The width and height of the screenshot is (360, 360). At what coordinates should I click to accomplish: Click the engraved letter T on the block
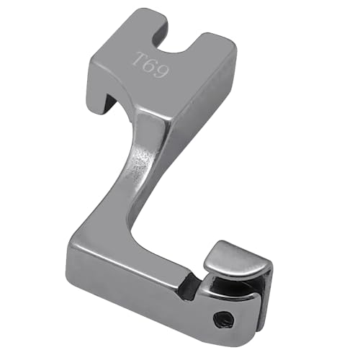[x=139, y=59]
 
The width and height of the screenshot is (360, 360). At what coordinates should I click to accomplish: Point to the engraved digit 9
[x=161, y=71]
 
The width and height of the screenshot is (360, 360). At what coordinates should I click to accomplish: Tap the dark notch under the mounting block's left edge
[x=111, y=102]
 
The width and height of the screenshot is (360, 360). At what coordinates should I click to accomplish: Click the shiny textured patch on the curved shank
[x=139, y=166]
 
